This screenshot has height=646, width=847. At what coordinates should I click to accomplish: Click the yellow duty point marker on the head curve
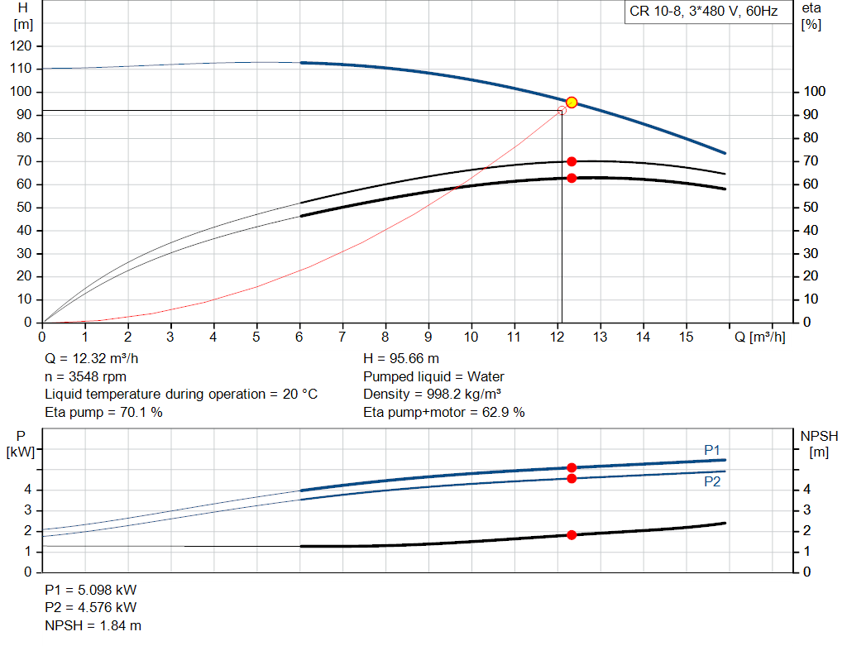coord(571,103)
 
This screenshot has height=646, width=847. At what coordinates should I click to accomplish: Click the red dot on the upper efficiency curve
coord(571,161)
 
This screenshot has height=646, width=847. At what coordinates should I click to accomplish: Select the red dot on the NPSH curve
coord(571,535)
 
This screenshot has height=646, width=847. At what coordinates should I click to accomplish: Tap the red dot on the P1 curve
coord(571,468)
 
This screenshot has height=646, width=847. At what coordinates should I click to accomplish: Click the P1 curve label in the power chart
coord(712,450)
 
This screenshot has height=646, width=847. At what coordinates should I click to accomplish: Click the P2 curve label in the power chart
coord(712,481)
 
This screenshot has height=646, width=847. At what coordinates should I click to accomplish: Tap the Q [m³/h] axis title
coord(759,337)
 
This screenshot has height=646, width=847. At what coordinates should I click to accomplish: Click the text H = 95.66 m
coord(401,359)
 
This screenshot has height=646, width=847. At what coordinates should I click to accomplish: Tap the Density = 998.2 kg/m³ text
coord(433,395)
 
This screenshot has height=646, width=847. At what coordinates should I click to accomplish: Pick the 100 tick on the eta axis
coord(812,92)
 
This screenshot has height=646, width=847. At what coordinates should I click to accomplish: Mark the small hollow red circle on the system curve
coord(562,110)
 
